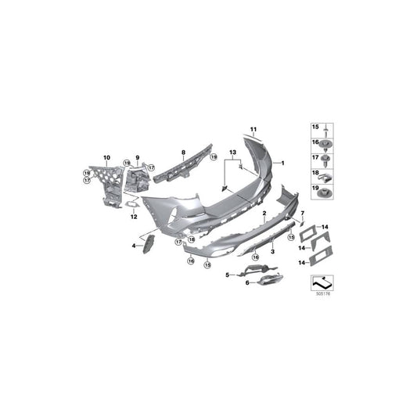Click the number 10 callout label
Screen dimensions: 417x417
click(x=107, y=158)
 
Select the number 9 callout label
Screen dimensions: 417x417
click(x=136, y=158)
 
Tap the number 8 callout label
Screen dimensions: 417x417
click(x=183, y=153)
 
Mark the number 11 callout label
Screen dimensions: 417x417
click(x=253, y=128)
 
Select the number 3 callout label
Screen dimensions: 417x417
click(x=271, y=252)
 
